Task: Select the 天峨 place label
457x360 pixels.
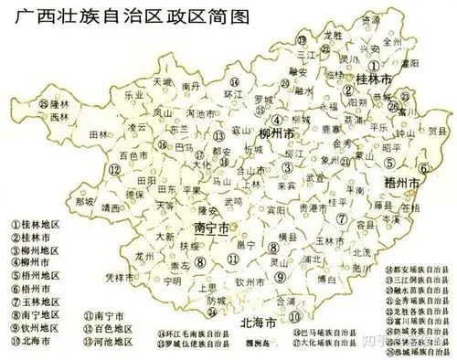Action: pos(164,82)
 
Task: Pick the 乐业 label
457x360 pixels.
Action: pos(133,94)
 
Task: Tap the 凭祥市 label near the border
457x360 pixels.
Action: pos(120,277)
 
